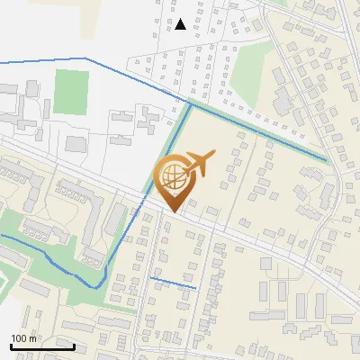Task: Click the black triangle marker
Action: pos(181,24)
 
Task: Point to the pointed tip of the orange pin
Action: pos(171,211)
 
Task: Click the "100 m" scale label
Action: pos(23,338)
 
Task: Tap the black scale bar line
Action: pos(42,346)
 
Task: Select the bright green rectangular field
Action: pos(71,92)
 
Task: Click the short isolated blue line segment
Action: pos(173,283)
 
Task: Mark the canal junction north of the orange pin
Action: pos(190,105)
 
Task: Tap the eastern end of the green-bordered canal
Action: pos(326,160)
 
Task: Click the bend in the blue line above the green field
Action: pos(86,58)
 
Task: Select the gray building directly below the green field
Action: pos(76,144)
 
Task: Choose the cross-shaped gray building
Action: pos(146,118)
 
